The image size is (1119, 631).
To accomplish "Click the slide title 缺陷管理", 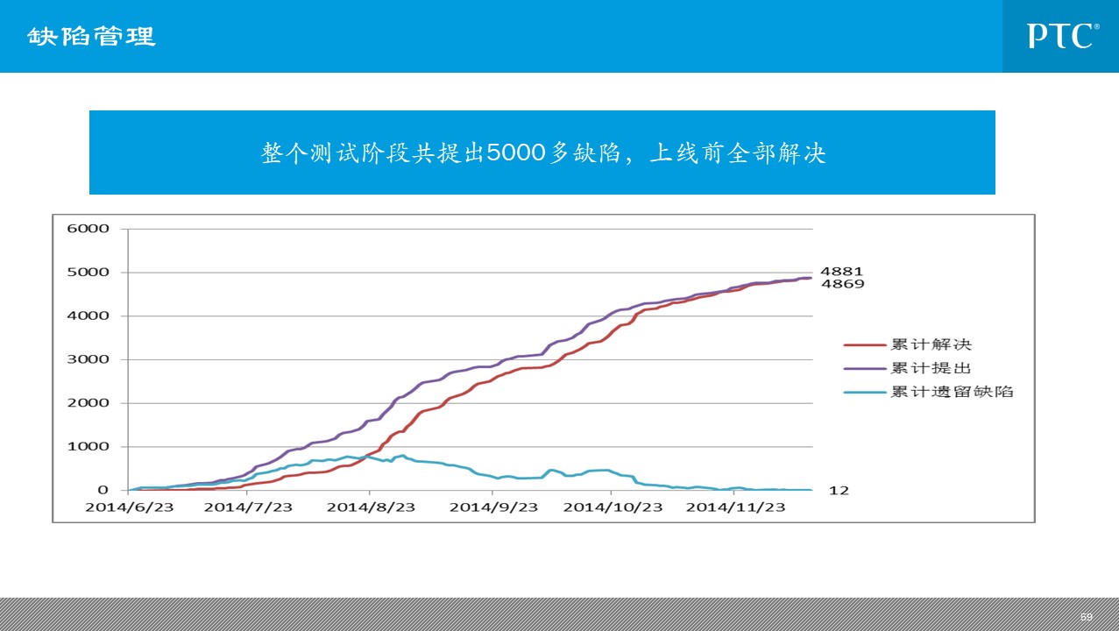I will pyautogui.click(x=91, y=37).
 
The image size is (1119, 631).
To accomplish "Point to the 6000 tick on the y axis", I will pyautogui.click(x=88, y=229).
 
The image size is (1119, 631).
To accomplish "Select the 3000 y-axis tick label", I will pyautogui.click(x=88, y=359).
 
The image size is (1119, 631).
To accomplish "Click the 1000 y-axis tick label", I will pyautogui.click(x=88, y=447).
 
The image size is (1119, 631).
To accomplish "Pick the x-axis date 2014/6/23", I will pyautogui.click(x=129, y=507).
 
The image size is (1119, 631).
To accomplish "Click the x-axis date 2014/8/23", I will pyautogui.click(x=371, y=507).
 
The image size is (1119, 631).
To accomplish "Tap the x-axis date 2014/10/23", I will pyautogui.click(x=613, y=507).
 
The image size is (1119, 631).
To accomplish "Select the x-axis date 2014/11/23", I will pyautogui.click(x=734, y=507).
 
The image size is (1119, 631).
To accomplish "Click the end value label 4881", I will pyautogui.click(x=840, y=272).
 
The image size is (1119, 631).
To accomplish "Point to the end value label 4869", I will pyautogui.click(x=840, y=284).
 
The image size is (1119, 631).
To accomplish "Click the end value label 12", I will pyautogui.click(x=839, y=491).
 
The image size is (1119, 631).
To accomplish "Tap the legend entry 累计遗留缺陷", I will pyautogui.click(x=952, y=392).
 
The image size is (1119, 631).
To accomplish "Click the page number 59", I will pyautogui.click(x=1087, y=617).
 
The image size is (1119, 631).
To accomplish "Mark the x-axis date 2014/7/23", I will pyautogui.click(x=250, y=507).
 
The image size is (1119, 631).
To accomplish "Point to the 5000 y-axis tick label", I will pyautogui.click(x=88, y=273).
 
